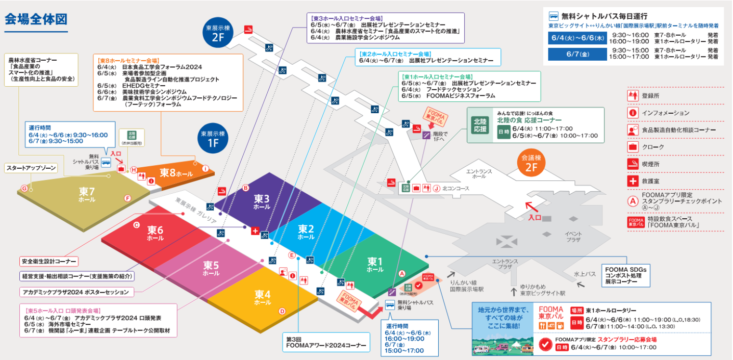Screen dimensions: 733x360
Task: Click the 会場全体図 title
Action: [x=36, y=19]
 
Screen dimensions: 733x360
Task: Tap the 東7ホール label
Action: [x=87, y=194]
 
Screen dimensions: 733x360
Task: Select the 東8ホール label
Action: [x=176, y=172]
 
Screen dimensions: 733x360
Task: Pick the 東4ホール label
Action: [x=262, y=296]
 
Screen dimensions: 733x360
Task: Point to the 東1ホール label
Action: [x=375, y=264]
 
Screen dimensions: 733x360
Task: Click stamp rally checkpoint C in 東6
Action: [x=136, y=225]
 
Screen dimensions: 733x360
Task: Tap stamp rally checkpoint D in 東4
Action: [x=282, y=311]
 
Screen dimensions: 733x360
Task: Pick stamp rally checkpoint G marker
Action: [x=24, y=188]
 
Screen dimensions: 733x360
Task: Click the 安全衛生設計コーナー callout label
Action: [x=49, y=262]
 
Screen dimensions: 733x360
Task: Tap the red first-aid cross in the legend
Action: [x=633, y=181]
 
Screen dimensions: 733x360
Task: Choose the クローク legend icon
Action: [x=633, y=147]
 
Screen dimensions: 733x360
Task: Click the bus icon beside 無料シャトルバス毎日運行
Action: [x=554, y=16]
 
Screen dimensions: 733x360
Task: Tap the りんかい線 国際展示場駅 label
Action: [x=466, y=287]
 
